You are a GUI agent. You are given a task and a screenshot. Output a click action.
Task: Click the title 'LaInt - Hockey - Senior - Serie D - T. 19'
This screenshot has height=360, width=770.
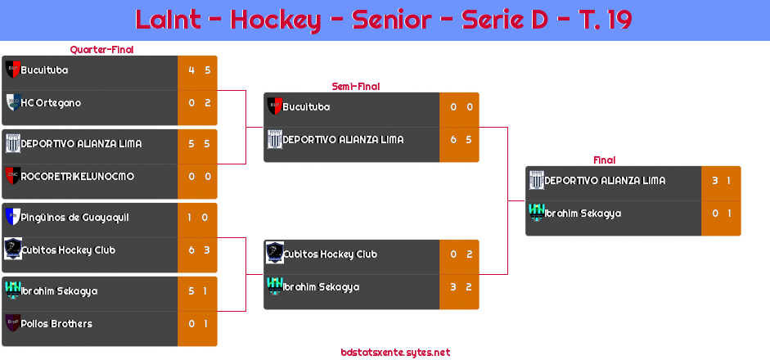click(x=384, y=20)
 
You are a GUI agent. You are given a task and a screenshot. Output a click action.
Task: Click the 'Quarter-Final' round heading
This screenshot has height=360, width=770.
click(x=101, y=50)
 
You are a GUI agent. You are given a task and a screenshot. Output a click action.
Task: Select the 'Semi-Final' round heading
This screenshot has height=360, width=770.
click(x=354, y=86)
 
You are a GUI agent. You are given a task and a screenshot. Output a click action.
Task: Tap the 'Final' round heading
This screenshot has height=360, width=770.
click(x=603, y=160)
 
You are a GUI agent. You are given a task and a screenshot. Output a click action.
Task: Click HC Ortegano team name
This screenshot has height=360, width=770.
click(x=51, y=103)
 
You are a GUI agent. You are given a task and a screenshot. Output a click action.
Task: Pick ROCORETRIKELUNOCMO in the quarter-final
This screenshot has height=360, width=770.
click(x=77, y=177)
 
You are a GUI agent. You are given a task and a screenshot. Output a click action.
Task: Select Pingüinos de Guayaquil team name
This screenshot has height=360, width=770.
click(x=74, y=218)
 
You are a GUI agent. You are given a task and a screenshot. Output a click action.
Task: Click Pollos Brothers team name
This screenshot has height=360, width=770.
click(x=56, y=324)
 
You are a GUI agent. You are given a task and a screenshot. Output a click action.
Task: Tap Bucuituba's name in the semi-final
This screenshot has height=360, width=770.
click(x=307, y=107)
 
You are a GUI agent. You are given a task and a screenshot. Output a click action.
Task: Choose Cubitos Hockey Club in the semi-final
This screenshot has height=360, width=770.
click(x=330, y=254)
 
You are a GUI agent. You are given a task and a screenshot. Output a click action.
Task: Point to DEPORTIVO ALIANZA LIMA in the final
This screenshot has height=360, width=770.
click(x=605, y=181)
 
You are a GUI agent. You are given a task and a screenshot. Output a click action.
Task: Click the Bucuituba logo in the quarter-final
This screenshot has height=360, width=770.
click(x=12, y=70)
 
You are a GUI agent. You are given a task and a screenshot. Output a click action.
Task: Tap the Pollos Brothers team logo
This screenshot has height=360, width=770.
click(x=12, y=323)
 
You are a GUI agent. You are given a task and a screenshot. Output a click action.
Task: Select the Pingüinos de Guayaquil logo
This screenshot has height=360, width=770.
click(x=12, y=217)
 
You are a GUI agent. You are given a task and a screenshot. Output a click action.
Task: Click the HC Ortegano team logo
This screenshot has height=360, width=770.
click(x=12, y=102)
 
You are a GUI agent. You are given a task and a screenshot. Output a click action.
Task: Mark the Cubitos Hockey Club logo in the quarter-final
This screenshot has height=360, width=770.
click(x=12, y=249)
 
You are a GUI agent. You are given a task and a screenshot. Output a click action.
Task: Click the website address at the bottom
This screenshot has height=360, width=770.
click(x=395, y=353)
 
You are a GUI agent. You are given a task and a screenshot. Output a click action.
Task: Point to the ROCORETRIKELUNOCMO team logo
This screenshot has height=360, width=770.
click(x=12, y=176)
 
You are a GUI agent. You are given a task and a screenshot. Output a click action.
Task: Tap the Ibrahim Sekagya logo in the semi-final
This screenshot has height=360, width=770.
click(x=275, y=286)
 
